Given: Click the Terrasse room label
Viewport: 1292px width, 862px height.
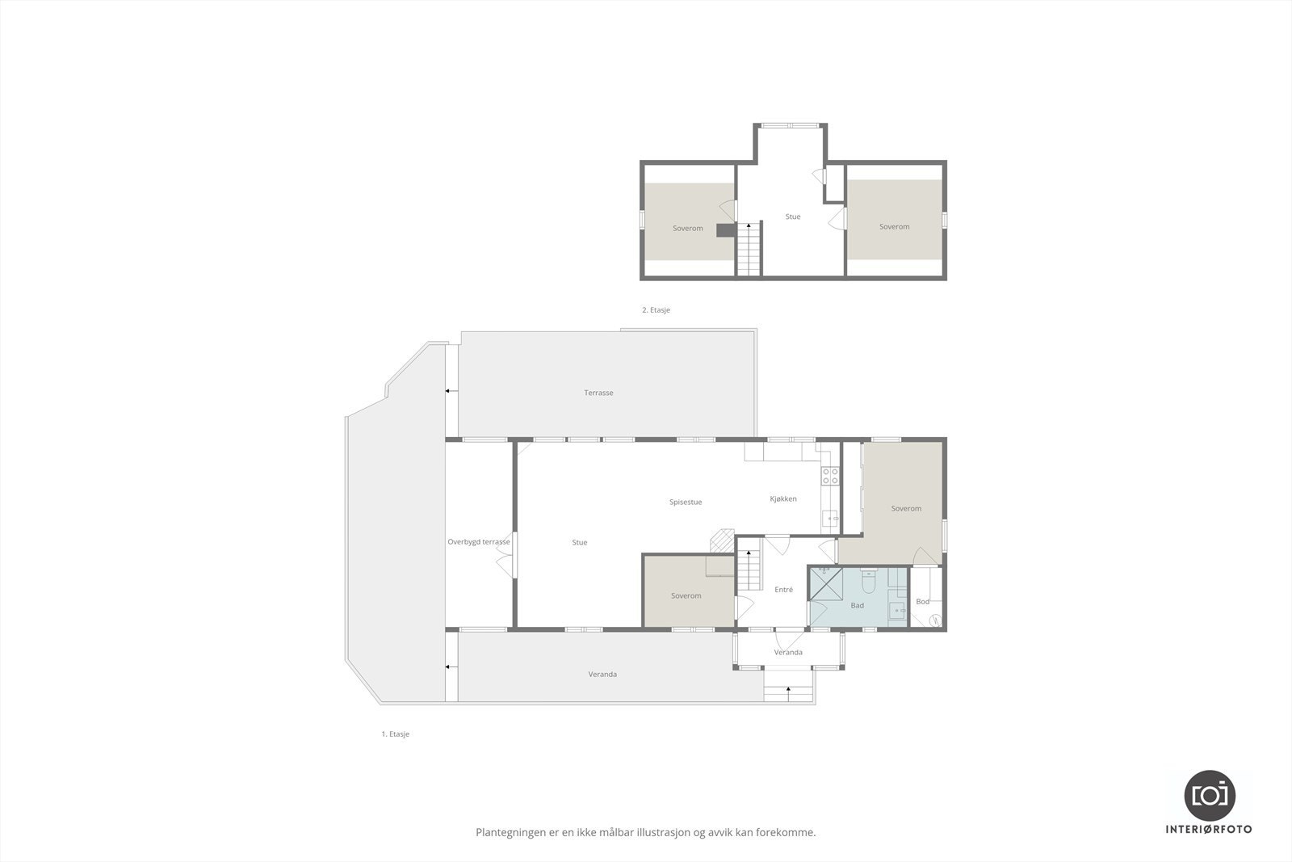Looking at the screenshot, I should tap(598, 393).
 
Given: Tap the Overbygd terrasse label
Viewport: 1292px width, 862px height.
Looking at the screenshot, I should tap(479, 542).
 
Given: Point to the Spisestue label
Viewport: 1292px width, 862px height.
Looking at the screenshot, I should tap(686, 502).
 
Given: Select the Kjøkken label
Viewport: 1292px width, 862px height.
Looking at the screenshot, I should tap(782, 498).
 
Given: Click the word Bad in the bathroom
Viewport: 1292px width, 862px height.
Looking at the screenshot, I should tap(857, 605).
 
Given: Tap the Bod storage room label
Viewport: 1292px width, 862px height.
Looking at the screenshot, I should tap(922, 602).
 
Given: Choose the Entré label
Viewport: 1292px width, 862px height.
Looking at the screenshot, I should tap(783, 590).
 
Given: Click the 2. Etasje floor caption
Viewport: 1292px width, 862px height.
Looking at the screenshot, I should tap(656, 310).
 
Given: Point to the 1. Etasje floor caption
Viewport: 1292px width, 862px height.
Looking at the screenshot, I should tap(396, 734).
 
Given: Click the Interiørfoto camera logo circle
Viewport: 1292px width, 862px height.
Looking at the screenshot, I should tap(1210, 795).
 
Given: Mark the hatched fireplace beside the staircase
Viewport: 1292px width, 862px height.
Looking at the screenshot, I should tap(722, 540).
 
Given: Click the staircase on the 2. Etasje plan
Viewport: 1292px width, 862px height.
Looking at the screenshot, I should tap(749, 250).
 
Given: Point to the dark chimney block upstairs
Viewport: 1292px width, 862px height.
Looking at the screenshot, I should tap(726, 230).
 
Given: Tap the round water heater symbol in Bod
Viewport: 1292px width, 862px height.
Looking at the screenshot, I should tap(935, 620).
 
